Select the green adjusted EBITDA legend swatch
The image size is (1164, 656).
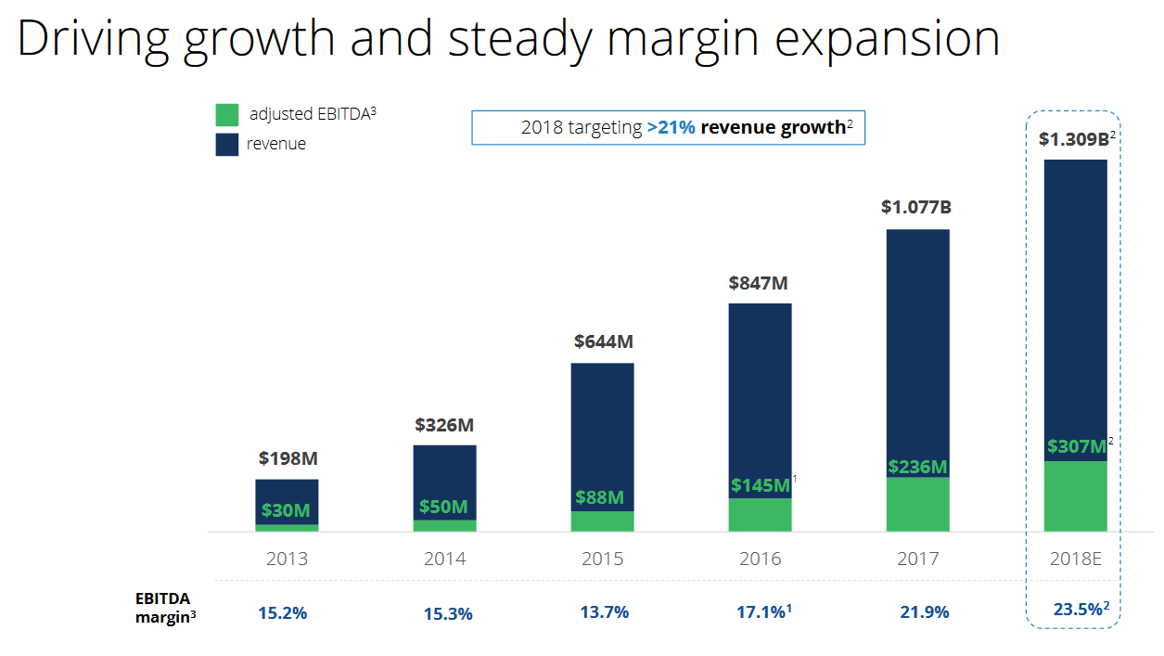(x=227, y=115)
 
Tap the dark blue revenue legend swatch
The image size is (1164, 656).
(x=227, y=144)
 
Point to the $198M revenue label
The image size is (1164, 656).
(x=288, y=457)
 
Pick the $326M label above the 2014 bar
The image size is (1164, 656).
(x=444, y=425)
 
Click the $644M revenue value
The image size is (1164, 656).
(x=603, y=341)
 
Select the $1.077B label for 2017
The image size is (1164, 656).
(x=916, y=207)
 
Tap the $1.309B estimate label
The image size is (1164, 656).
(x=1073, y=139)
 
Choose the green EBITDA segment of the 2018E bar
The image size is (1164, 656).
(x=1075, y=496)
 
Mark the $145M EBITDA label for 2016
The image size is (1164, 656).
(x=761, y=484)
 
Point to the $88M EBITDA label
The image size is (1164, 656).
(x=599, y=497)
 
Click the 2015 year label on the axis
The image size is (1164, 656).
(x=603, y=559)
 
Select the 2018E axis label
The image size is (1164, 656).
(x=1075, y=559)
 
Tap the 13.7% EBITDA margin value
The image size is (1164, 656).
(x=603, y=612)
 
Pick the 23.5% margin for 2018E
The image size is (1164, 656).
(x=1078, y=610)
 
